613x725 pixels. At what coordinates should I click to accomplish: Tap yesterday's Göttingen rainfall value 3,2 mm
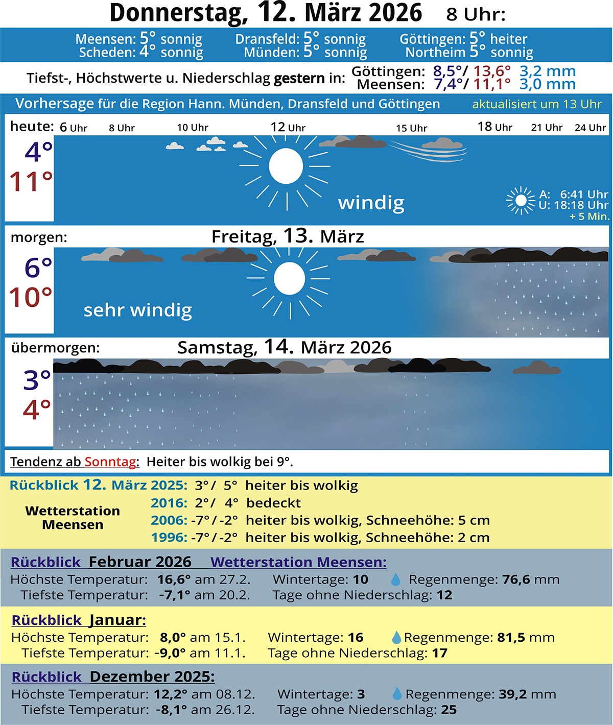[547, 71]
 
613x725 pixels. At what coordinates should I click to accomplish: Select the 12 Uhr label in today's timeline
[288, 127]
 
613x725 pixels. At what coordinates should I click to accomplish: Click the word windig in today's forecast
[371, 203]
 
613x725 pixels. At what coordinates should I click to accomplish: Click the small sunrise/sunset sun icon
[521, 200]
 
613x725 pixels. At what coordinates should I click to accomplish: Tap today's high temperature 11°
[31, 182]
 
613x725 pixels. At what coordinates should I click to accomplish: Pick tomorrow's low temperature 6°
[38, 268]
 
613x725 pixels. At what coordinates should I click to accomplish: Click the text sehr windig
[137, 310]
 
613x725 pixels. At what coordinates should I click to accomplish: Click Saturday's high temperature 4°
[37, 409]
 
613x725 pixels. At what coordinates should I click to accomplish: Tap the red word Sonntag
[110, 462]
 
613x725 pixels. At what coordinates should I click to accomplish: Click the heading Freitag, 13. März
[288, 236]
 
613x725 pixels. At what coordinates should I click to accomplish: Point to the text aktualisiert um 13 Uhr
[536, 104]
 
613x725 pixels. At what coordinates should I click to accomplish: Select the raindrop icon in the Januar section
[396, 637]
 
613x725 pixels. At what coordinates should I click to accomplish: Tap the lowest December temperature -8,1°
[172, 710]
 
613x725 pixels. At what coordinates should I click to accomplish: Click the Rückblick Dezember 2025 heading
[113, 677]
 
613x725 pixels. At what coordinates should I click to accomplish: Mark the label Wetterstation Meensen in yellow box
[73, 518]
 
